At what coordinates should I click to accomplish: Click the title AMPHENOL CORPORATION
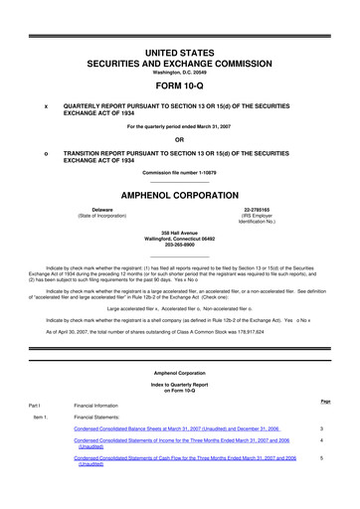(x=180, y=197)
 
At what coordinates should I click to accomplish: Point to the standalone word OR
(x=180, y=139)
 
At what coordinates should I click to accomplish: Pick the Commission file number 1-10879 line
(x=180, y=175)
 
